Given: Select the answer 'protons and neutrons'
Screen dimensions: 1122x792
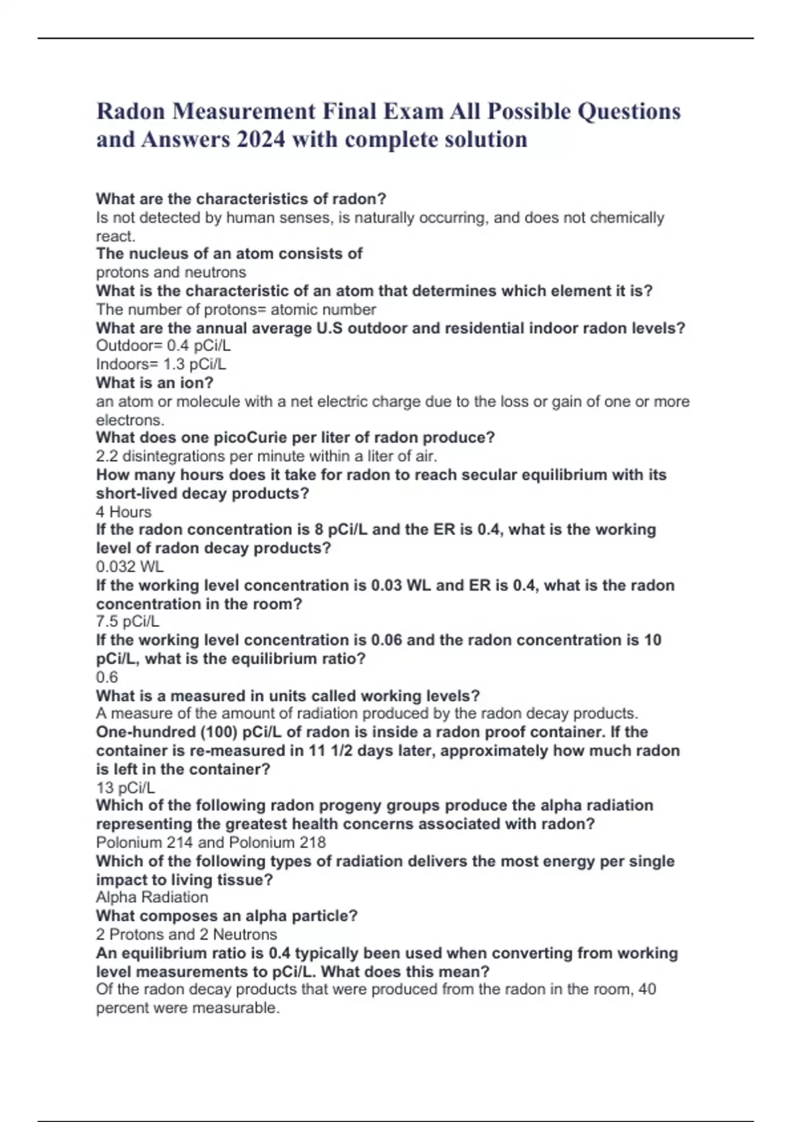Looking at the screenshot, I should tap(171, 273).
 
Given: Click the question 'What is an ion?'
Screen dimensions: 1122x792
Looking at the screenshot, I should tap(154, 383).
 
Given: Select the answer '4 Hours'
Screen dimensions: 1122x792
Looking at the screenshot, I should tap(123, 512).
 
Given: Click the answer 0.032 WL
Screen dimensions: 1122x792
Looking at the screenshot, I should tap(129, 567).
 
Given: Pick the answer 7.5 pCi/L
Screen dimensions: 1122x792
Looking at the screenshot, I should tap(127, 622).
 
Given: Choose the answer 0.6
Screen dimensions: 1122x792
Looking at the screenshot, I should tap(107, 677).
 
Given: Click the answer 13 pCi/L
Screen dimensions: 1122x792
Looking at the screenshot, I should tap(125, 788).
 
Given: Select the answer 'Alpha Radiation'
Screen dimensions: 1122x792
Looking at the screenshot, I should tap(152, 898).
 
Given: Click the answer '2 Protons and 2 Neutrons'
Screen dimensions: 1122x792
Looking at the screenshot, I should tap(186, 935).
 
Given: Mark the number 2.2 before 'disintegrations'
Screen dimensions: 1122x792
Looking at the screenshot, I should tap(107, 456).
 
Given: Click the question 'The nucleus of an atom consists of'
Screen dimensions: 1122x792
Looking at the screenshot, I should tap(229, 254).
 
